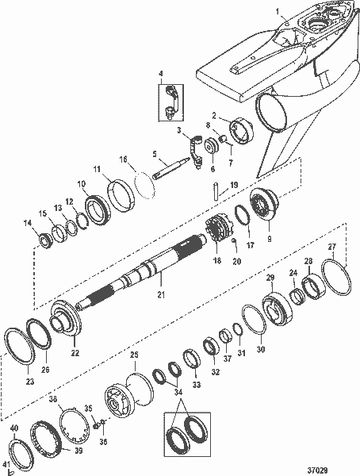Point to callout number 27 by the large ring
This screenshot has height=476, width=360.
point(332,247)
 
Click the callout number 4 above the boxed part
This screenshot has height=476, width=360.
point(163,76)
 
